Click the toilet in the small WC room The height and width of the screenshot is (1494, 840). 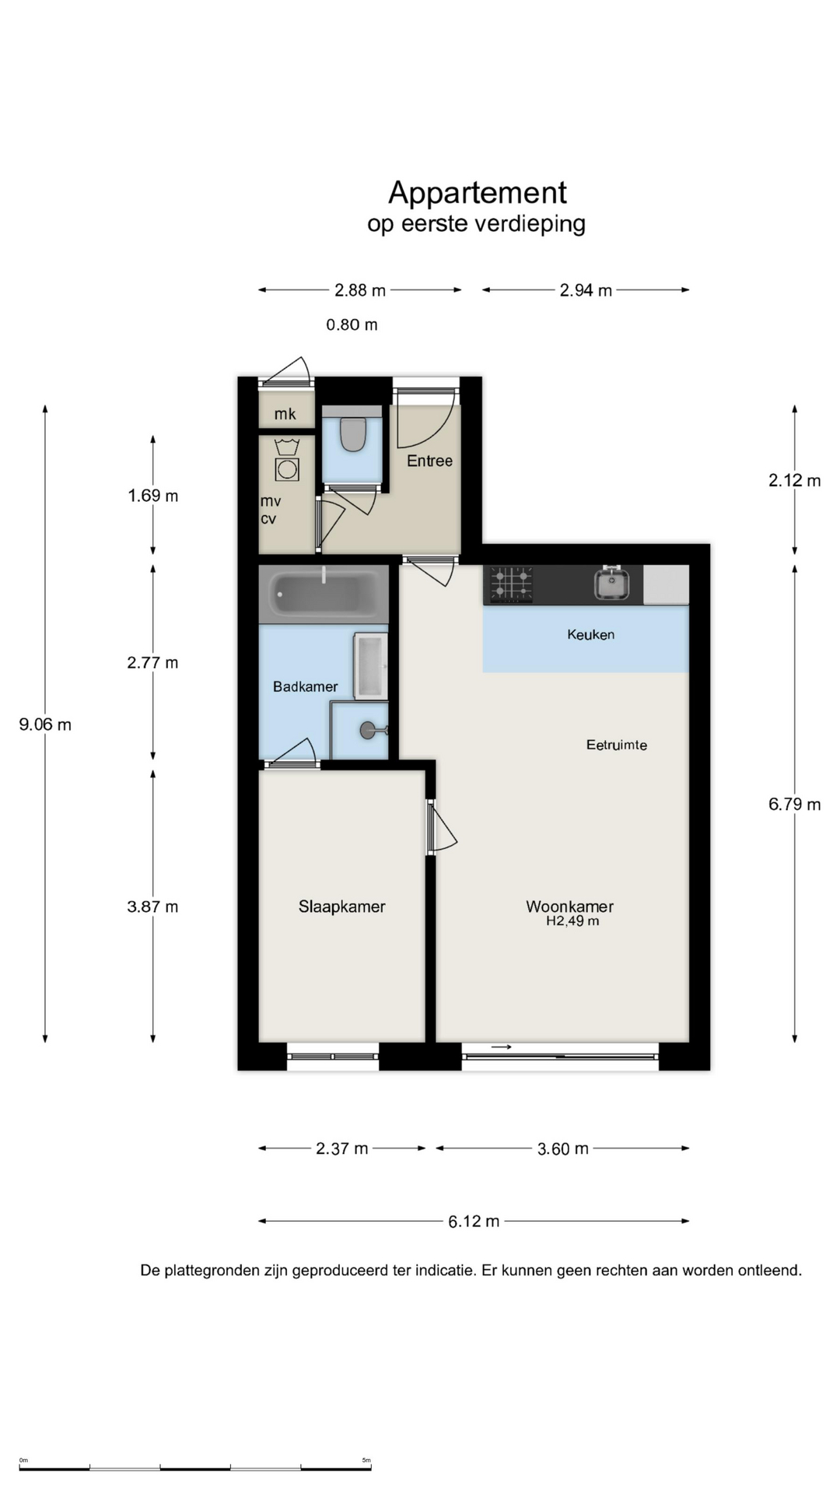click(352, 434)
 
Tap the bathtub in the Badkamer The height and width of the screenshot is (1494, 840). click(324, 594)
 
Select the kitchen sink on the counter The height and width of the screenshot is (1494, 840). click(612, 584)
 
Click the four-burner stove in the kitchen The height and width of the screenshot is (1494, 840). click(512, 584)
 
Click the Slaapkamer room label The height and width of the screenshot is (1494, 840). click(342, 907)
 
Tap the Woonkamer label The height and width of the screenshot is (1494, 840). click(570, 907)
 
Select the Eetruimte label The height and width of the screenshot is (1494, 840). click(617, 745)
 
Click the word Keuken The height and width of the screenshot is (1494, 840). click(591, 634)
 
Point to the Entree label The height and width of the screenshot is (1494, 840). click(429, 461)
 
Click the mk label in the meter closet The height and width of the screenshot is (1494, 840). click(285, 414)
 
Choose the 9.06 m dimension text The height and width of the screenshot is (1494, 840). click(45, 724)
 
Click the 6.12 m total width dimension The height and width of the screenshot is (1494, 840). click(474, 1222)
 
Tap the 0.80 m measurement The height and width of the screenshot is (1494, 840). click(352, 324)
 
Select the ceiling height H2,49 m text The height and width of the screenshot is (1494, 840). click(572, 921)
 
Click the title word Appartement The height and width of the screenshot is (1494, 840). click(478, 192)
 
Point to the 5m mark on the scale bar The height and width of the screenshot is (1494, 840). click(366, 1460)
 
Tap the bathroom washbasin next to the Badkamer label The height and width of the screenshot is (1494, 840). click(370, 666)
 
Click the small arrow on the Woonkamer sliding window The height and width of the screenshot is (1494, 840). click(502, 1047)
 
